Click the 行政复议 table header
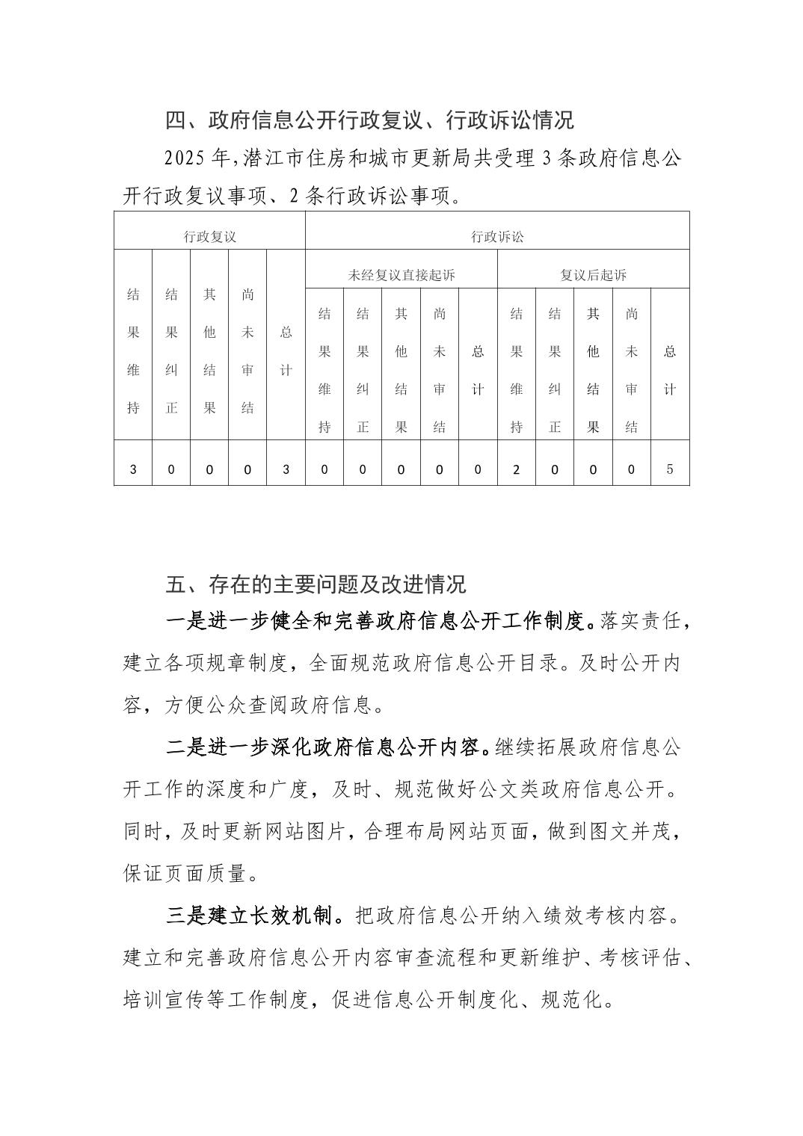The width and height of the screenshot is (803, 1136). (210, 237)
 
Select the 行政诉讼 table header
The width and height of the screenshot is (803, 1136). (497, 237)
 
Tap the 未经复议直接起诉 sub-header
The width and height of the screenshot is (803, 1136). (401, 275)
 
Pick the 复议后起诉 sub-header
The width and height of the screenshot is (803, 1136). (593, 275)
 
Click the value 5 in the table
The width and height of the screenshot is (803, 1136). (670, 469)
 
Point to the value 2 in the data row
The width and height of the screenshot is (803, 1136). (516, 469)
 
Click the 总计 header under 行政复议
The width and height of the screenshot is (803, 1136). (286, 351)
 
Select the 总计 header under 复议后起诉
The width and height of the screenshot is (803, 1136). (670, 370)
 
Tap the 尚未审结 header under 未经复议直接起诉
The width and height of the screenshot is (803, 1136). (440, 370)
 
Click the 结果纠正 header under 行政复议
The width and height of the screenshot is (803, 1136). (171, 351)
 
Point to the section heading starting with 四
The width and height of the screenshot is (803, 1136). (369, 120)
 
